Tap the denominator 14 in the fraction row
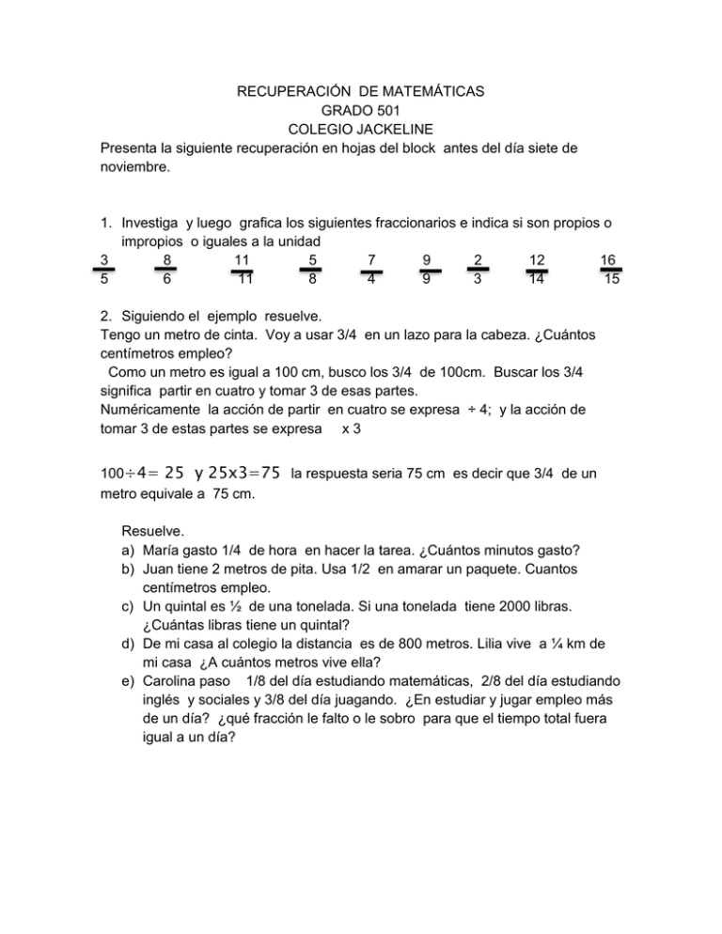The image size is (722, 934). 537,279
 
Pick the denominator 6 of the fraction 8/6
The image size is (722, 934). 165,279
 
